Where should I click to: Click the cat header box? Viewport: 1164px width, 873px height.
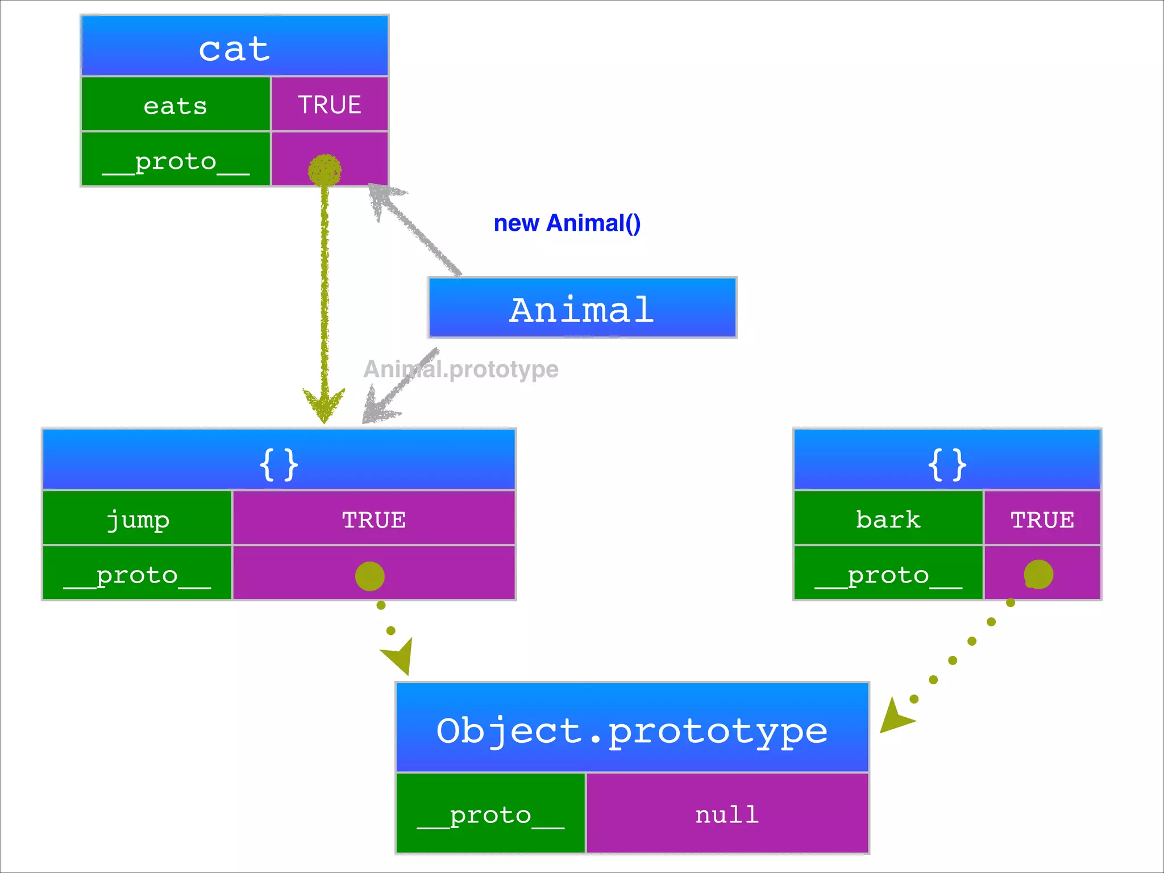coord(234,47)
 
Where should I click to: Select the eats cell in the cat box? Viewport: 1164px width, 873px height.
coord(176,105)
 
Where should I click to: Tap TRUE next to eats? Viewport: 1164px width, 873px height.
coord(330,105)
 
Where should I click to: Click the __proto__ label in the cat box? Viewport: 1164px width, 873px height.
coord(176,160)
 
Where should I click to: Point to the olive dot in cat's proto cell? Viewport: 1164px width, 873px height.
coord(325,169)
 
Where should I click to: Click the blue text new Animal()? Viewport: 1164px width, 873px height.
coord(567,223)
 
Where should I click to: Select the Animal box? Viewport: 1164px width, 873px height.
coord(582,309)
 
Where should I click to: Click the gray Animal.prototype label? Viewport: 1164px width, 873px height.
coord(461,369)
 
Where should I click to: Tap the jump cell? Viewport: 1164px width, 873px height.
coord(137,518)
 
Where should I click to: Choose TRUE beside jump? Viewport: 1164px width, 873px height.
coord(373,519)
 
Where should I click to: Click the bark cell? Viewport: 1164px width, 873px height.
coord(888,518)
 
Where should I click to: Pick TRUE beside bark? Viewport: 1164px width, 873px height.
coord(1042,519)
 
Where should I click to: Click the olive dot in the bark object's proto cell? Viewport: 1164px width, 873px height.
coord(1038,574)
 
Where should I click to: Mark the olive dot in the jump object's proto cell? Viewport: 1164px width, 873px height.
coord(369,576)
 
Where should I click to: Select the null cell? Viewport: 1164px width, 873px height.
coord(727,814)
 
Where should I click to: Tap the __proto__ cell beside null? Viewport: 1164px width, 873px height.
coord(490,814)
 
